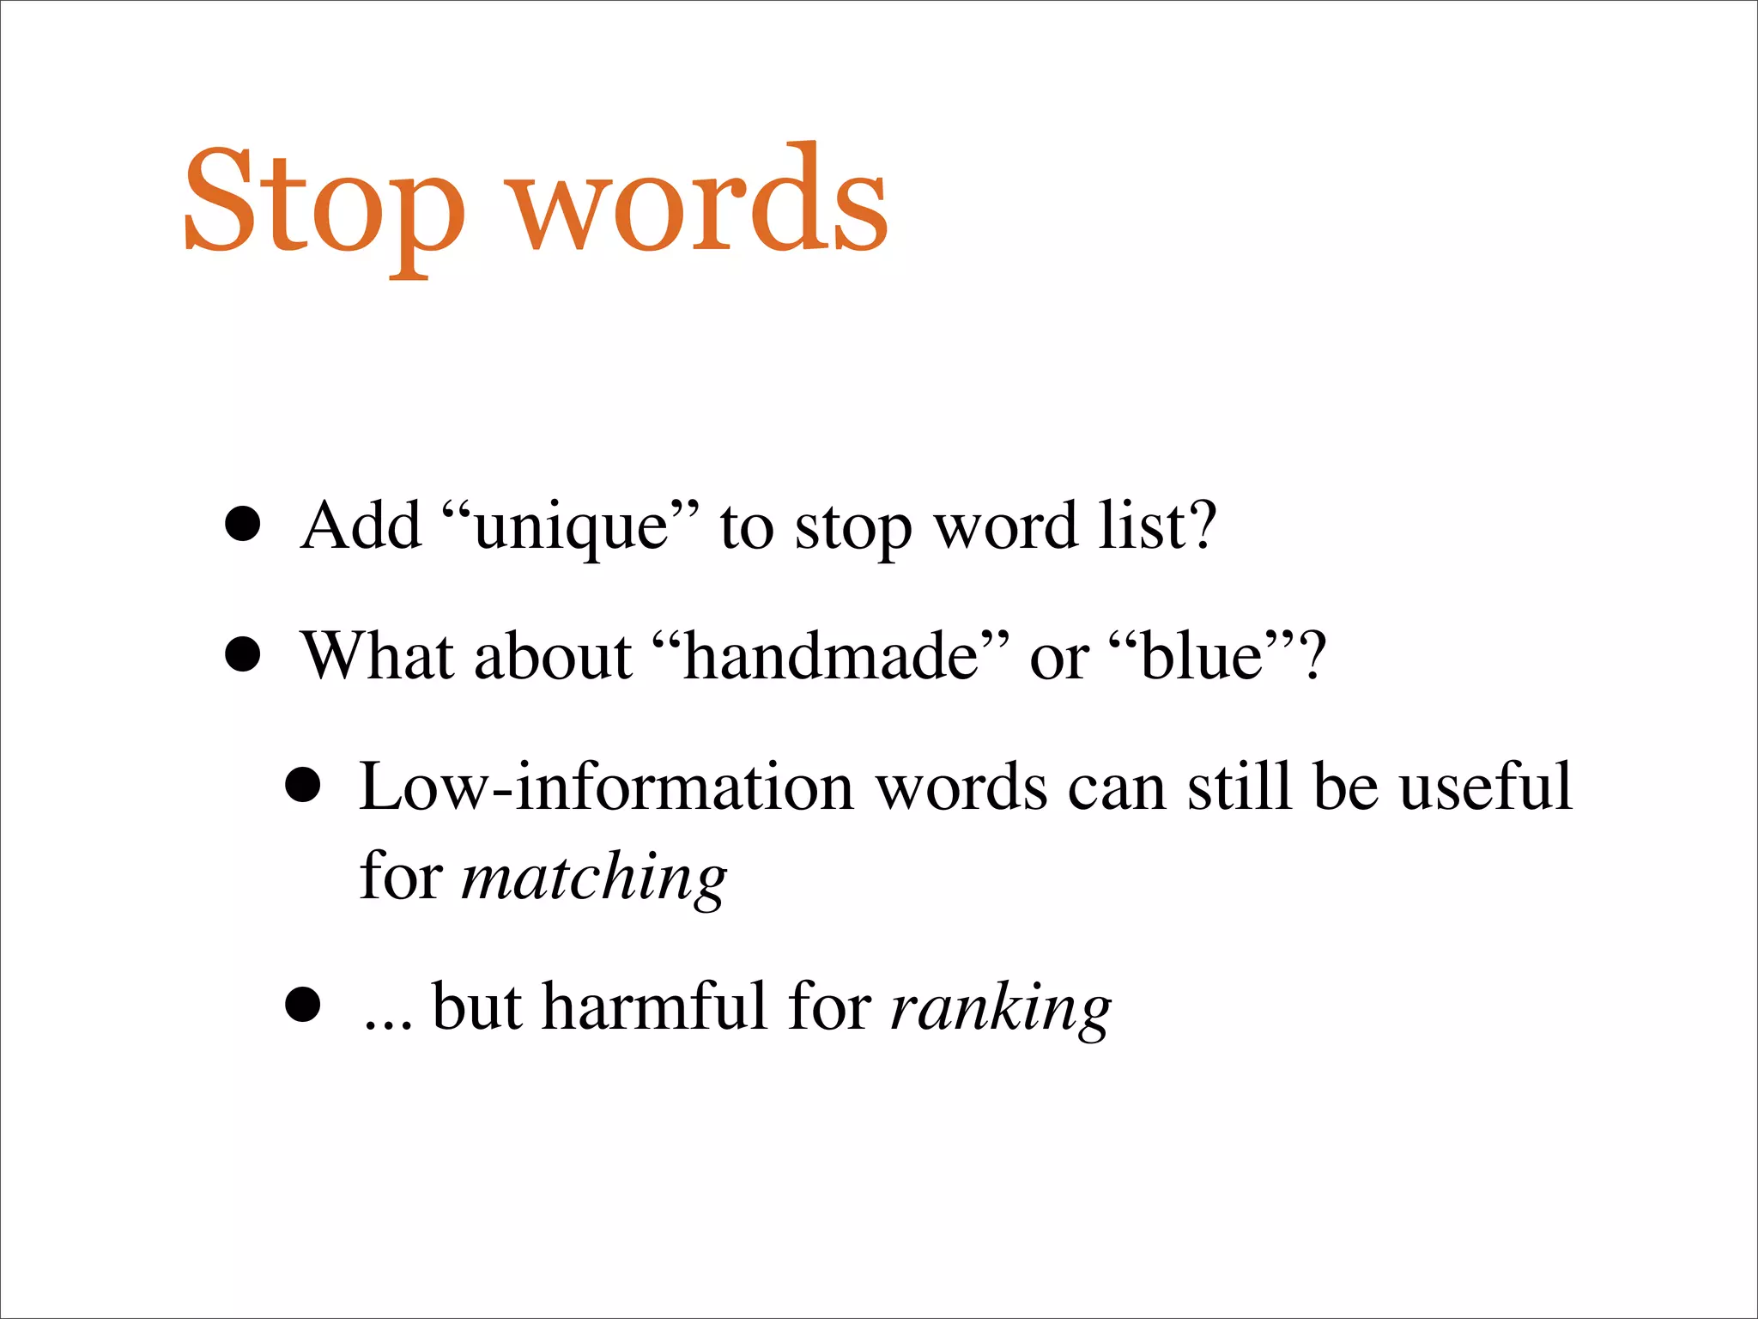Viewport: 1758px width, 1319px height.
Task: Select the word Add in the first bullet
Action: (361, 525)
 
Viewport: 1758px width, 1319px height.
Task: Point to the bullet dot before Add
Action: (243, 525)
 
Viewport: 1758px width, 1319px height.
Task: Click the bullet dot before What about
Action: (243, 655)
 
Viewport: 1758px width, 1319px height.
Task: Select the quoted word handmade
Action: (830, 657)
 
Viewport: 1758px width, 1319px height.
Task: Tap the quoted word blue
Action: (1202, 657)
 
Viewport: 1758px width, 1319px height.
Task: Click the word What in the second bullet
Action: (378, 657)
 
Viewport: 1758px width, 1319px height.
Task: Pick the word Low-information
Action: (605, 787)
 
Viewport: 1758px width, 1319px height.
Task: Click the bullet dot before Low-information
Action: (303, 785)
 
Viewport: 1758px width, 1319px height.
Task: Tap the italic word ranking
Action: (1000, 1008)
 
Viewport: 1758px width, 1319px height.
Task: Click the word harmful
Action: (654, 1006)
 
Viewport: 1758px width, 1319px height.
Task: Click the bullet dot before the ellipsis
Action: (303, 1005)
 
